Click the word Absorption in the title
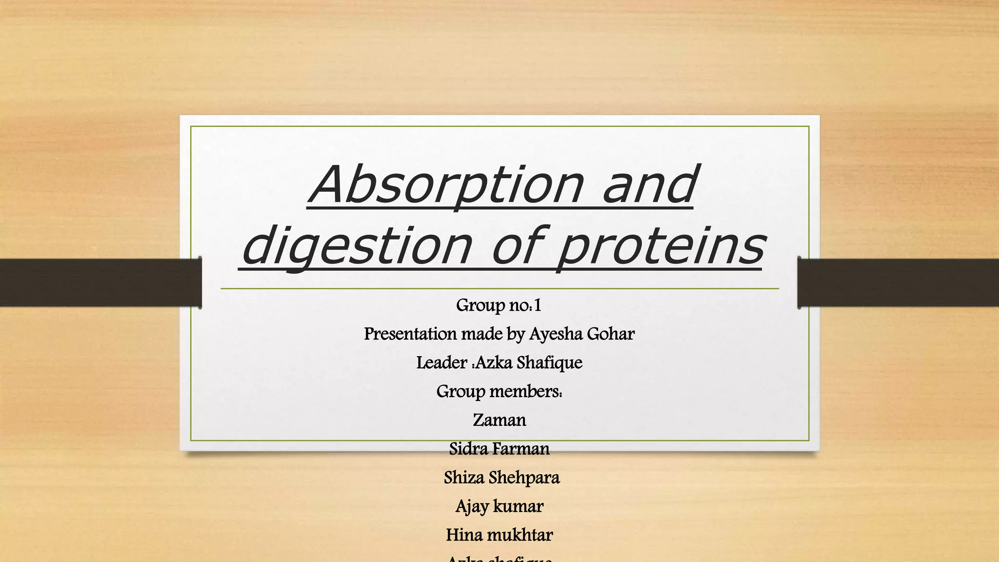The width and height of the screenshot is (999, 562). pyautogui.click(x=446, y=185)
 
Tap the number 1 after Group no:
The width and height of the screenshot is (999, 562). pyautogui.click(x=537, y=306)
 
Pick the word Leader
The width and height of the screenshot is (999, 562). pyautogui.click(x=441, y=363)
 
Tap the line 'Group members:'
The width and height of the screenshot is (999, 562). pyautogui.click(x=499, y=391)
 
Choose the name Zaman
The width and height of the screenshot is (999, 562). pyautogui.click(x=499, y=420)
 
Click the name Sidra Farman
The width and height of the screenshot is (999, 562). pyautogui.click(x=499, y=449)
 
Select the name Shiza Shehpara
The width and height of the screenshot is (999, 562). pyautogui.click(x=501, y=478)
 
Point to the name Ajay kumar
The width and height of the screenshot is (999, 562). pyautogui.click(x=499, y=506)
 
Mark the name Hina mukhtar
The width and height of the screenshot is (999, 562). pyautogui.click(x=499, y=535)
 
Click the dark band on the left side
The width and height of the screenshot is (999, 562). pyautogui.click(x=98, y=282)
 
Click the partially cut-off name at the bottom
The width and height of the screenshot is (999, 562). pyautogui.click(x=499, y=558)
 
